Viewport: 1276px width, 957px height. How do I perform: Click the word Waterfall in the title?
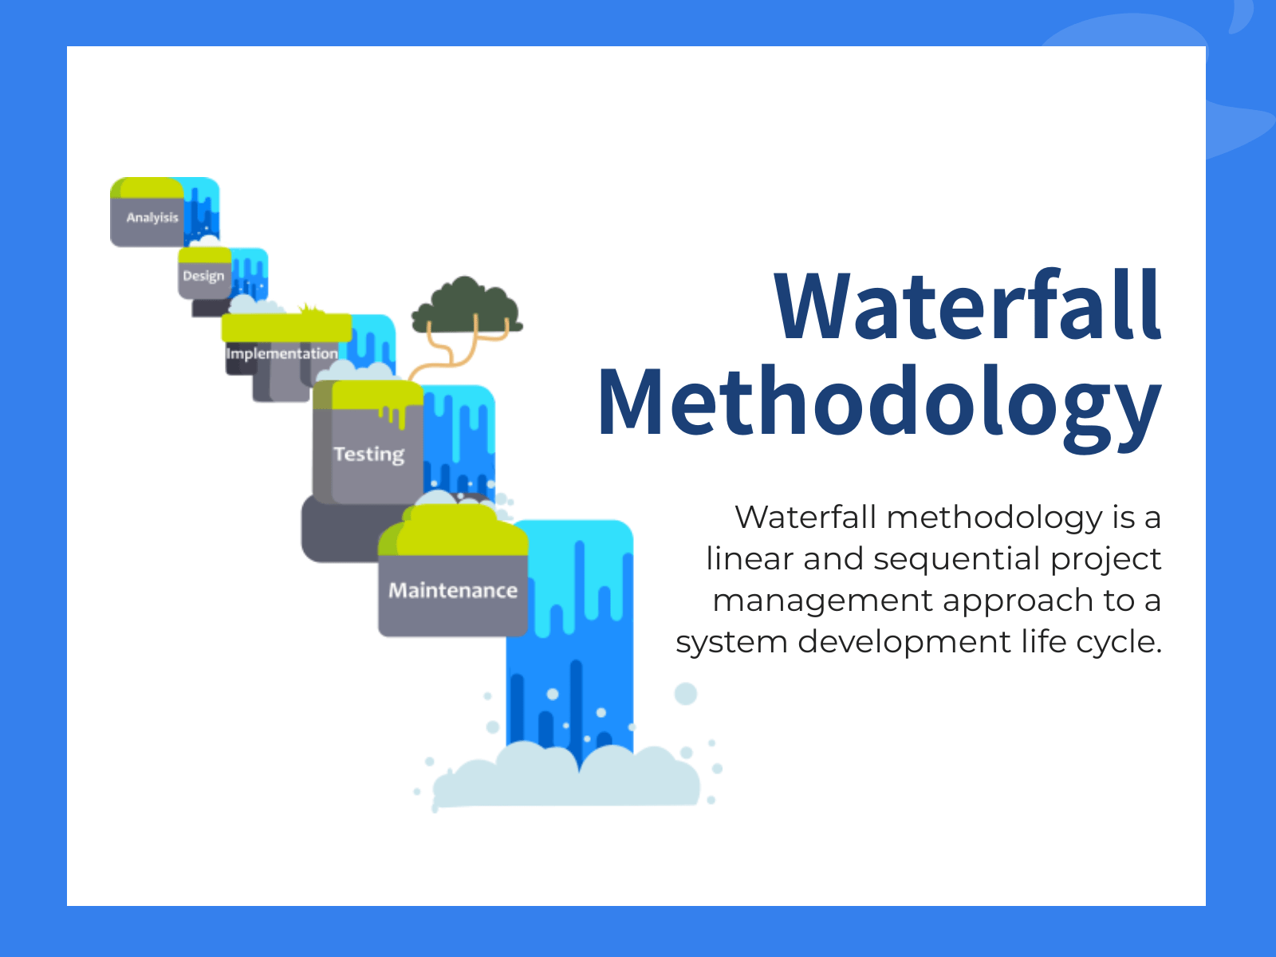tap(967, 305)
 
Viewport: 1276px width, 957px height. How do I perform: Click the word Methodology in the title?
tap(879, 404)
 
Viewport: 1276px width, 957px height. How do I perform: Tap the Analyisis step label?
tap(152, 218)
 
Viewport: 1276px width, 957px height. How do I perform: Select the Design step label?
tap(203, 276)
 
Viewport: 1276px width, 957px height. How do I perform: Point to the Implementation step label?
tap(282, 353)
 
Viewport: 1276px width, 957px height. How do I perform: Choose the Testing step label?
tap(368, 455)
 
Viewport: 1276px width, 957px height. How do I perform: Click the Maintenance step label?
tap(453, 591)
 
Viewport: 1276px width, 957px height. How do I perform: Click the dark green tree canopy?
tap(467, 307)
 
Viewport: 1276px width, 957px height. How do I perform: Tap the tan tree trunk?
tap(447, 355)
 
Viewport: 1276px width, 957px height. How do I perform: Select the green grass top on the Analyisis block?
tap(148, 187)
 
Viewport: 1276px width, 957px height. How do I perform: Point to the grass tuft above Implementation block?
tap(310, 309)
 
